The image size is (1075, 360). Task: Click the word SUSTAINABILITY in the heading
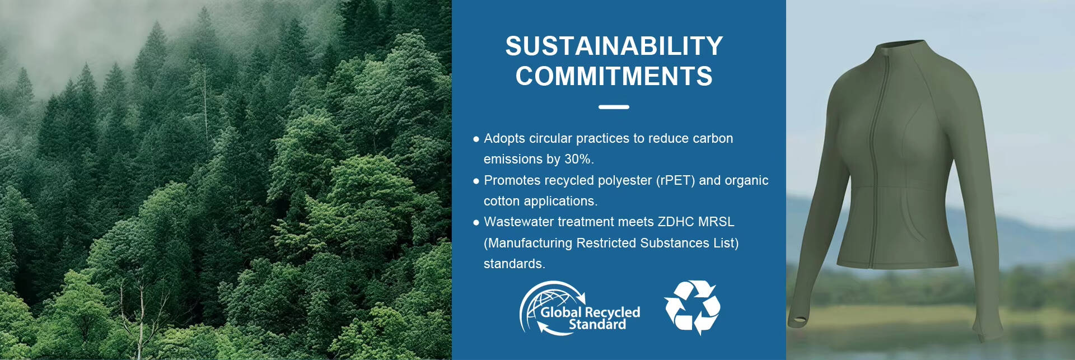point(614,46)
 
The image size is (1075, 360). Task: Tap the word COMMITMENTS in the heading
point(614,76)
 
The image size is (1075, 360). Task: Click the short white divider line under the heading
point(614,107)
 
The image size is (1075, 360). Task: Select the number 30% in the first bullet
point(578,159)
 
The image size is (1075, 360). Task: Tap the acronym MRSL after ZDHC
point(716,222)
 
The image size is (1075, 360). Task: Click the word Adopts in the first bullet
point(504,139)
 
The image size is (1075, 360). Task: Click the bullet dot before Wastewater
point(476,222)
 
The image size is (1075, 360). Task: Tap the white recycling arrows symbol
point(692,307)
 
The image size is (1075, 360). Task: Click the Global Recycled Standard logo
point(579,308)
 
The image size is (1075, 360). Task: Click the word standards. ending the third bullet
point(514,264)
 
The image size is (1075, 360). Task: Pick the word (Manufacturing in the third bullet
point(527,243)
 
